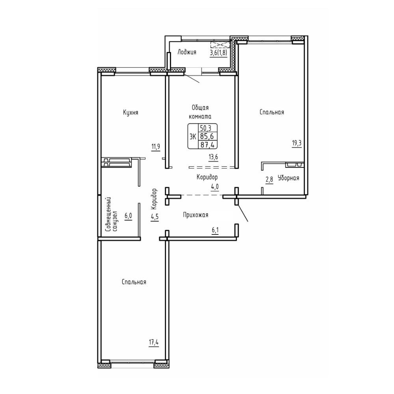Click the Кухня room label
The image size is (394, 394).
pos(131,113)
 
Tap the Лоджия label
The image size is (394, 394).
pos(187,52)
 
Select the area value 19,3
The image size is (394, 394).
pos(297,143)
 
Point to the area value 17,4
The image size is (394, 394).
pos(154,343)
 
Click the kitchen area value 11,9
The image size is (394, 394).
pos(156,146)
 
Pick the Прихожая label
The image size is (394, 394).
pos(195,215)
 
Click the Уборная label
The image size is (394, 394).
pos(288,178)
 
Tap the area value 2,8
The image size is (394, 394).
pos(269,180)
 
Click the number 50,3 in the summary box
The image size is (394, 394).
pos(205,128)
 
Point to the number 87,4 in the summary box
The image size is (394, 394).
pos(208,145)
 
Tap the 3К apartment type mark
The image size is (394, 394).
pos(193,137)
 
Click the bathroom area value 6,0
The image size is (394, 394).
pos(128,216)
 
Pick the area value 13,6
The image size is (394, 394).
pos(213,157)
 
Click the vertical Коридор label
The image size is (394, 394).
pos(154,199)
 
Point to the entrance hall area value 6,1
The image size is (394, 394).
pos(215,230)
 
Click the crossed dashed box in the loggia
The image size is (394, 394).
pos(220,45)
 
